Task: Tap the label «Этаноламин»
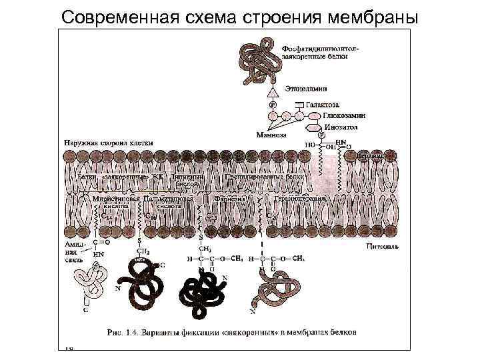(x=306, y=87)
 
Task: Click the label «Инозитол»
(x=341, y=125)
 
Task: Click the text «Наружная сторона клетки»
(x=109, y=143)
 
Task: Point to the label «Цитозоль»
(x=382, y=246)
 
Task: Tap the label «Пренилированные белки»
(x=264, y=177)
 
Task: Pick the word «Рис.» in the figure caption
(x=116, y=330)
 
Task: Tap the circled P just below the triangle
(x=272, y=105)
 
